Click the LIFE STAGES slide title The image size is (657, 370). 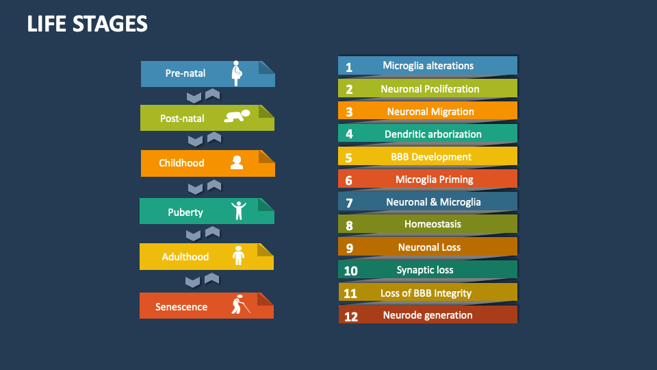coord(87,24)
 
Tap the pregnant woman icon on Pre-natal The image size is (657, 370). coord(237,73)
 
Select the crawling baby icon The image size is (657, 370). coord(237,116)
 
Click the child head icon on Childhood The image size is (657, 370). coord(237,162)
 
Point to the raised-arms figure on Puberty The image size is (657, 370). coord(238,210)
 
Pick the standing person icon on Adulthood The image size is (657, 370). coord(238,256)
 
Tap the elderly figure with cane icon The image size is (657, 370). coord(239,304)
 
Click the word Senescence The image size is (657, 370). coord(181,307)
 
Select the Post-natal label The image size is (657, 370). coord(182,119)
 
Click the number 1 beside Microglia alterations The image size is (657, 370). coord(349,67)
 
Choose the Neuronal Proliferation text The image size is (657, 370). coord(430,89)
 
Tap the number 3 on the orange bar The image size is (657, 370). coord(349,112)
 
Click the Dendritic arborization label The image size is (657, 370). coord(433,134)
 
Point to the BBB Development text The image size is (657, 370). coord(431,157)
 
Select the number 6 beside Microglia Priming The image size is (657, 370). coord(349,181)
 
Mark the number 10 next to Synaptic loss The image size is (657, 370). coord(350,271)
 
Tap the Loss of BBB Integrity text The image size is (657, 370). coord(426,293)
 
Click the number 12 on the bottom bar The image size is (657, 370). coord(350,317)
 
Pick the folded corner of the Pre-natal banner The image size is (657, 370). coord(267,67)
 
